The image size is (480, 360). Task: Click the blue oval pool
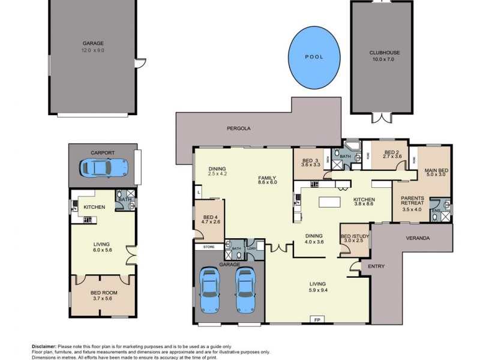pos(313,57)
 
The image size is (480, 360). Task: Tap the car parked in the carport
pos(103,167)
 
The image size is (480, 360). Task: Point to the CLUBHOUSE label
pos(385,53)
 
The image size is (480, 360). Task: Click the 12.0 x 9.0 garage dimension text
pos(93,50)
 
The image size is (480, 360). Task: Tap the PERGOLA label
pos(238,128)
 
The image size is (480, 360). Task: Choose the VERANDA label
pos(418,238)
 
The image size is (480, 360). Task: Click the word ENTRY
pos(376,266)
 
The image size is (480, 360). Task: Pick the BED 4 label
pos(210,217)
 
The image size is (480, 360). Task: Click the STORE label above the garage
pos(208,246)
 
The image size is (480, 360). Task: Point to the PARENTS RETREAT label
pos(412,200)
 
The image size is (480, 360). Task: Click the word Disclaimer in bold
pos(44,346)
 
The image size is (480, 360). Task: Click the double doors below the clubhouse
pos(381,117)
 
